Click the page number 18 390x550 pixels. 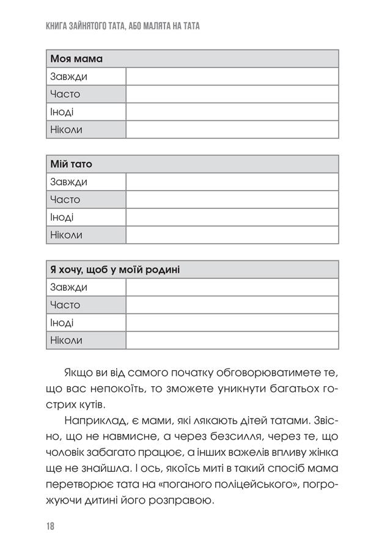[x=50, y=526]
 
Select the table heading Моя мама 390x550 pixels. [x=77, y=59]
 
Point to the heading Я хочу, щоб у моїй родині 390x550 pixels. [x=115, y=270]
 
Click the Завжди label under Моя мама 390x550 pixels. [x=69, y=77]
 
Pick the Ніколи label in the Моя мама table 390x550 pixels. [x=67, y=130]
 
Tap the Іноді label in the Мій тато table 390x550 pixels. [x=62, y=218]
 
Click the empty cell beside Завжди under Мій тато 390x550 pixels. [x=232, y=182]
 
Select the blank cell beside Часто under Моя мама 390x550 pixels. [x=232, y=95]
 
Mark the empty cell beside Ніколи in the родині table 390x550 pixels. [x=232, y=340]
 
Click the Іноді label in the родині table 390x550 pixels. [x=62, y=323]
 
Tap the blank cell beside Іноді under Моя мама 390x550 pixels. [x=232, y=112]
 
